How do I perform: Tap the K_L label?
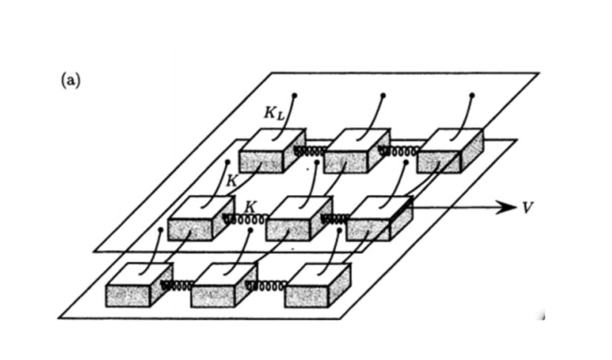pyautogui.click(x=274, y=114)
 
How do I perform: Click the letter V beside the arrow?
pyautogui.click(x=527, y=207)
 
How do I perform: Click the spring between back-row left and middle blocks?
pyautogui.click(x=309, y=151)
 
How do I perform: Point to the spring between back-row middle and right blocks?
pyautogui.click(x=397, y=151)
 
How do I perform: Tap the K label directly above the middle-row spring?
pyautogui.click(x=250, y=205)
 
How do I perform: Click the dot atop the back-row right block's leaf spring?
pyautogui.click(x=473, y=95)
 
